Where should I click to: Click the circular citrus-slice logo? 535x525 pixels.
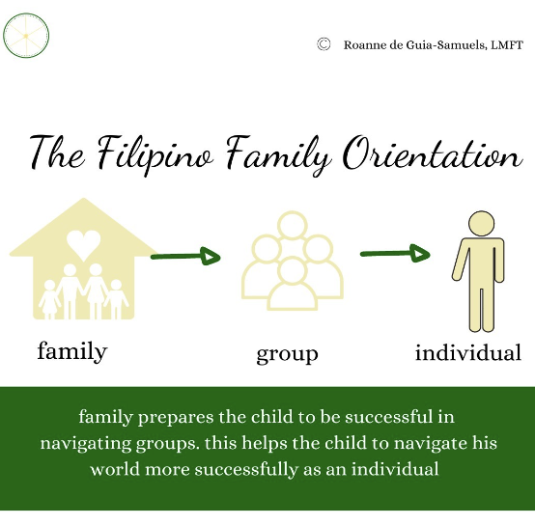[x=26, y=36]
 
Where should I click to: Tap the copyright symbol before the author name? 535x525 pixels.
[x=324, y=44]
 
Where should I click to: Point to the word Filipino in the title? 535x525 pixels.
[x=155, y=154]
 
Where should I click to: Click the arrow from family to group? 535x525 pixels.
[x=185, y=257]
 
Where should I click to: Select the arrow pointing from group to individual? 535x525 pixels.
[x=395, y=253]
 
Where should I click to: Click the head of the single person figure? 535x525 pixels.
[x=481, y=224]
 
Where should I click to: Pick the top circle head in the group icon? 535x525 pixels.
[x=292, y=225]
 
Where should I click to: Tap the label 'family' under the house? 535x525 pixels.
[x=72, y=352]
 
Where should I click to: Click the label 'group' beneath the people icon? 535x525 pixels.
[x=287, y=354]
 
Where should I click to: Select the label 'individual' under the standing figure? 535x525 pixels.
[x=468, y=352]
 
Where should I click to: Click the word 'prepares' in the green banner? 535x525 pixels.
[x=176, y=418]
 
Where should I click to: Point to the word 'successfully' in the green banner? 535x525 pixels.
[x=246, y=469]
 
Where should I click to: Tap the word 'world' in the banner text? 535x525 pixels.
[x=115, y=469]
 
